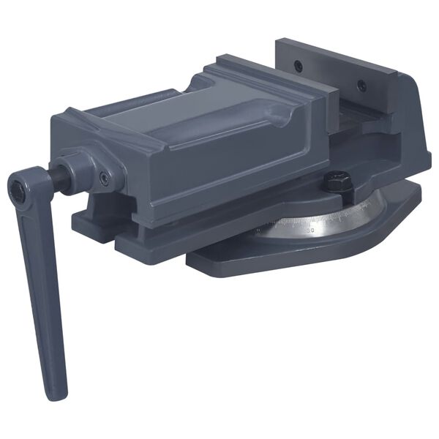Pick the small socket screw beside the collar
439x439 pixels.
pyautogui.click(x=105, y=177)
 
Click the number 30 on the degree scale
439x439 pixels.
pyautogui.click(x=310, y=230)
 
